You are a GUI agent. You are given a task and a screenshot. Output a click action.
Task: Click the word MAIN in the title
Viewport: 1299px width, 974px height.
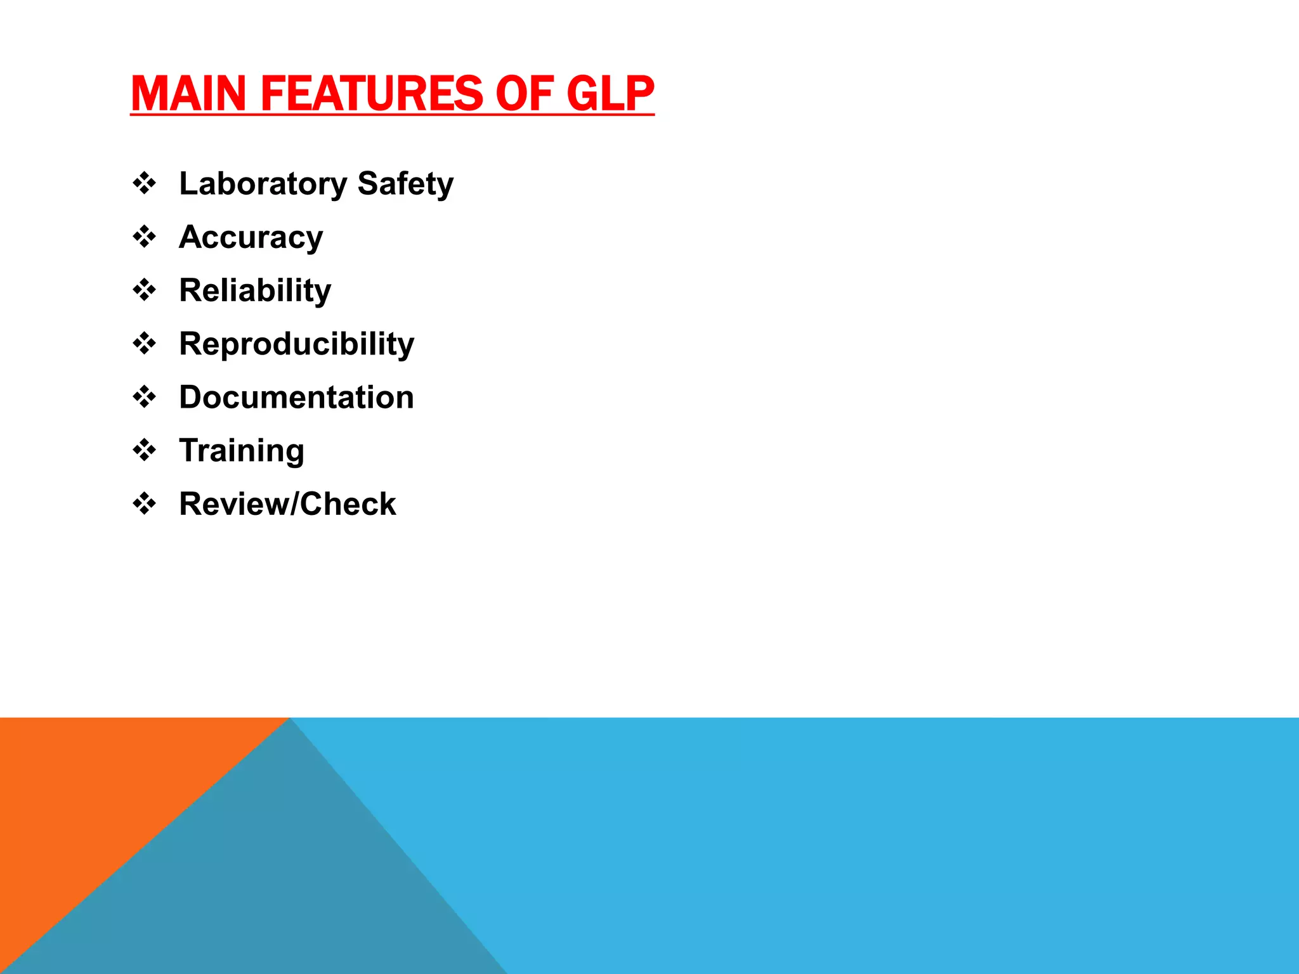188,93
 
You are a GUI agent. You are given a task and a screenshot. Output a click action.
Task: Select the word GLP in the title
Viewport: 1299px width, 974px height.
610,93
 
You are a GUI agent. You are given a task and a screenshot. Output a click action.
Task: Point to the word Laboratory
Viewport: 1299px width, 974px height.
263,184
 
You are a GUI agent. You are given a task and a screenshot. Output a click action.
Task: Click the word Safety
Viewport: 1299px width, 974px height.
405,184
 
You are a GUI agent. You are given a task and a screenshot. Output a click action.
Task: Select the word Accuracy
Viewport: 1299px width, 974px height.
251,238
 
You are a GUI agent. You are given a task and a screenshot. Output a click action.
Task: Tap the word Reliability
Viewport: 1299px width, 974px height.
255,291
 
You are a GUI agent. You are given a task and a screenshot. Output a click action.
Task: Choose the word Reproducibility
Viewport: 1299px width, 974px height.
296,344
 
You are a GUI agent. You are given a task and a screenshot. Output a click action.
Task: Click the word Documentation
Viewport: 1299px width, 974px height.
296,398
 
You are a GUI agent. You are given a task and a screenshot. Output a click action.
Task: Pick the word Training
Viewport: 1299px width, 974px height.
242,451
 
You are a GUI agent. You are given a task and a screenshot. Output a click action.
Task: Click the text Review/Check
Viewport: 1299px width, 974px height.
287,504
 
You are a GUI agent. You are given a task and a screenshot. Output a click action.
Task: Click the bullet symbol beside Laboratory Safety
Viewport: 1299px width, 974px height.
145,183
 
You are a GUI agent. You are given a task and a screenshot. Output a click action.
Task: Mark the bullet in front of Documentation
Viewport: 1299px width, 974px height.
145,397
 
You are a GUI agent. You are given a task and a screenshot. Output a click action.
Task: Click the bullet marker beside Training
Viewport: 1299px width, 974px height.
145,450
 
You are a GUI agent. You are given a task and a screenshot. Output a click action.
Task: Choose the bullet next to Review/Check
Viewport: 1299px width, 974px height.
145,503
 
